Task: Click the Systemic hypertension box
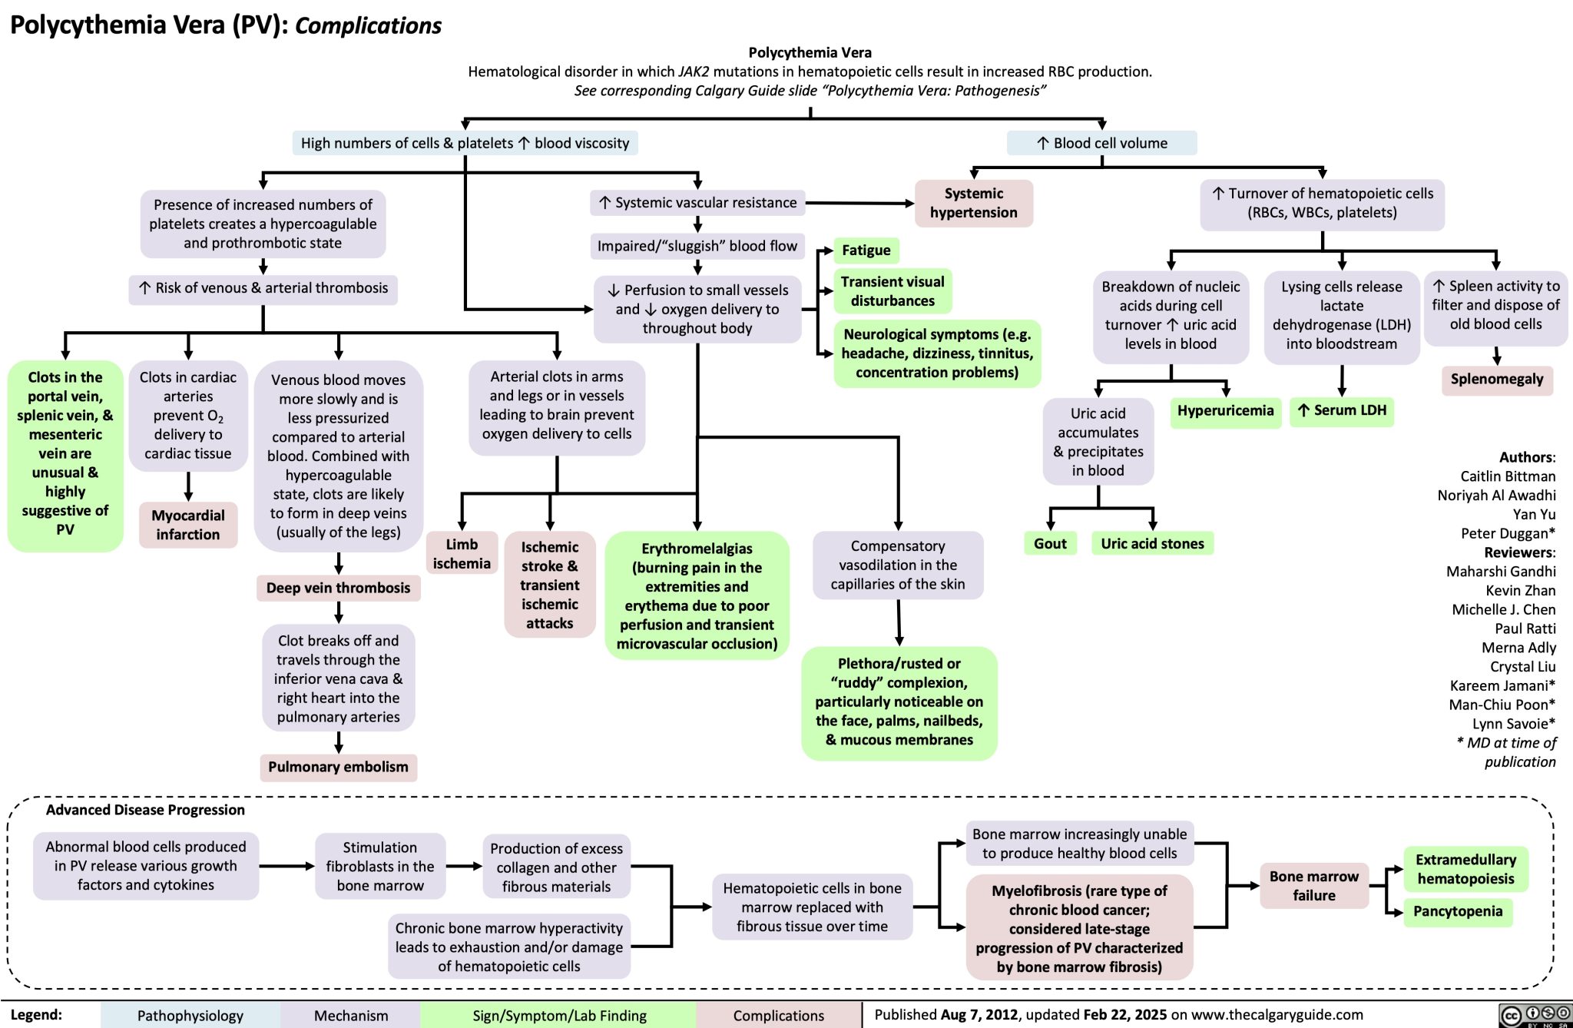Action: (973, 204)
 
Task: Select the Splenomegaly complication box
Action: (1496, 380)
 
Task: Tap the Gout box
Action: (1049, 544)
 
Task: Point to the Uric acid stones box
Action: (1152, 544)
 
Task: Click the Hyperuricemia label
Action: (1225, 411)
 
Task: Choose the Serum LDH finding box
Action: (1342, 411)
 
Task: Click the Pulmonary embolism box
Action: (338, 767)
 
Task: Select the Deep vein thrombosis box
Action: (338, 588)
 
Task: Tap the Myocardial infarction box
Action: (188, 525)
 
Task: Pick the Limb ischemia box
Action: (462, 554)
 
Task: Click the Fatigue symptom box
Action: (866, 250)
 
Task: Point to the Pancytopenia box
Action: (1457, 912)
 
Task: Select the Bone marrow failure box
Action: (1313, 886)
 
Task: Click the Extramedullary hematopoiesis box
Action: (1465, 869)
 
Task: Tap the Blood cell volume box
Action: (1101, 143)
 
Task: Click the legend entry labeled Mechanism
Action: (351, 1016)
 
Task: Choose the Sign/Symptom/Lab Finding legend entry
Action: (559, 1016)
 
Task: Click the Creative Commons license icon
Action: (1533, 1015)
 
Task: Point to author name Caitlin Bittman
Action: (1507, 476)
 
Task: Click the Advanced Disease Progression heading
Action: (145, 810)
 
